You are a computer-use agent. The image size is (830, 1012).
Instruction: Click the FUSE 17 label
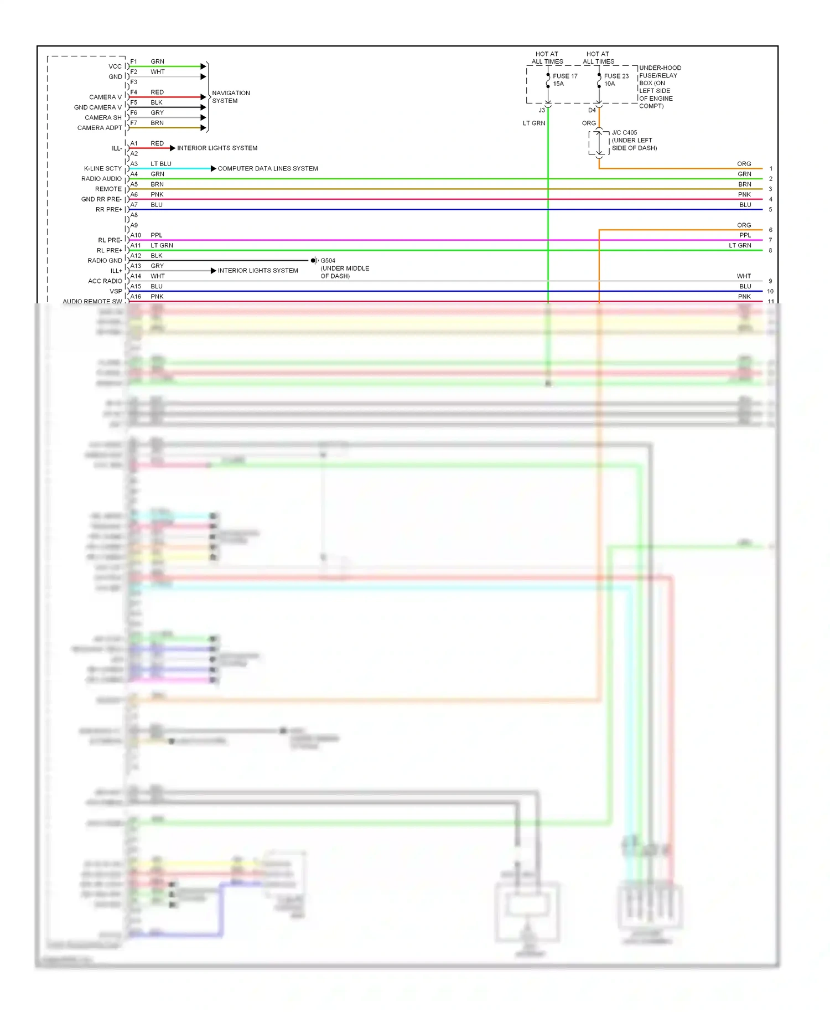pyautogui.click(x=564, y=76)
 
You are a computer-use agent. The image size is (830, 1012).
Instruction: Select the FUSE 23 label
pyautogui.click(x=616, y=76)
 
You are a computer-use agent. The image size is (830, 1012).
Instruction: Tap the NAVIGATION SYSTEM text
pyautogui.click(x=231, y=97)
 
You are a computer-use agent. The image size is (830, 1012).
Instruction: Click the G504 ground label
pyautogui.click(x=328, y=261)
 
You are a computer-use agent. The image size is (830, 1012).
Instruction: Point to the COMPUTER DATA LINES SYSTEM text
pyautogui.click(x=268, y=169)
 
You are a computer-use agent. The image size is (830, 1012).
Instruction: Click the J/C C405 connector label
pyautogui.click(x=624, y=133)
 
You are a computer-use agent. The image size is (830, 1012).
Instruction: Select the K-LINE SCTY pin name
pyautogui.click(x=102, y=169)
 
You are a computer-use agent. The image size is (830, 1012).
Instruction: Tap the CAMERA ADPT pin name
pyautogui.click(x=100, y=128)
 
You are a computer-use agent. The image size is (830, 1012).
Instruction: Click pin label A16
pyautogui.click(x=136, y=297)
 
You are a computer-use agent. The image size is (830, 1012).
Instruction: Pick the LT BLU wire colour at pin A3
pyautogui.click(x=161, y=164)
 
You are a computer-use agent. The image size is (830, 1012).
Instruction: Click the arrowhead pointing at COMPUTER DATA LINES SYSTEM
pyautogui.click(x=213, y=169)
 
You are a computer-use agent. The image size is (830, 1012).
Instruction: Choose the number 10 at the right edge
pyautogui.click(x=770, y=292)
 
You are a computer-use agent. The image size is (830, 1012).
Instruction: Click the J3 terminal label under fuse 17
pyautogui.click(x=542, y=111)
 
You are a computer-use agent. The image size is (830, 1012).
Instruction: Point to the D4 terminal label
pyautogui.click(x=592, y=111)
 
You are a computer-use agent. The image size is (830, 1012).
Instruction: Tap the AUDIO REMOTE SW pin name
pyautogui.click(x=92, y=302)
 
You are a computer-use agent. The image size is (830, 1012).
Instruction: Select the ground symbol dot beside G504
pyautogui.click(x=313, y=261)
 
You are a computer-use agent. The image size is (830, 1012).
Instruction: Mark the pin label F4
pyautogui.click(x=134, y=92)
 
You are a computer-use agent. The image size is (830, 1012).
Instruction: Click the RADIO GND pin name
pyautogui.click(x=105, y=261)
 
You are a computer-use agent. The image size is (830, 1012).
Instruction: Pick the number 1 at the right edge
pyautogui.click(x=770, y=169)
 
